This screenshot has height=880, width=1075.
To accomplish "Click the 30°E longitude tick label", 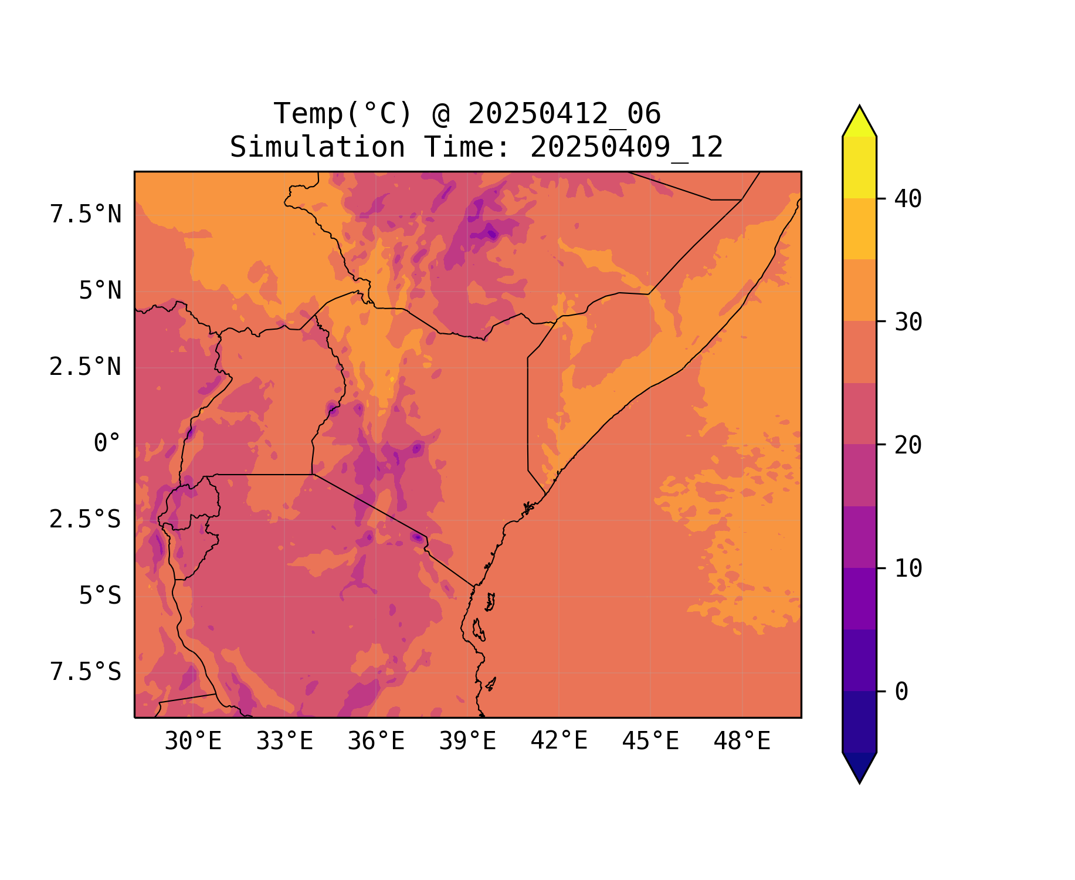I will click(x=193, y=742).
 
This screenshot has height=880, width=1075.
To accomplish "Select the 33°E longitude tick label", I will click(x=284, y=742).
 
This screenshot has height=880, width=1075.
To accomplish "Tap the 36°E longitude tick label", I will click(x=376, y=742).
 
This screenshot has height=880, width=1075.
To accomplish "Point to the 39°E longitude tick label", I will click(x=467, y=742).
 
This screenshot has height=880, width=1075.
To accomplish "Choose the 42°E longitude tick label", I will click(x=559, y=742).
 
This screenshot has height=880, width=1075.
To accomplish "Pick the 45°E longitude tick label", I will click(x=650, y=742).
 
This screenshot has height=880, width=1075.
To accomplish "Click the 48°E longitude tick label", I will click(x=742, y=742).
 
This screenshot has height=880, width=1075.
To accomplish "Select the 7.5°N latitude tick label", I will click(x=86, y=215).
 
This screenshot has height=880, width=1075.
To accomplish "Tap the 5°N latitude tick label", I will click(x=100, y=291).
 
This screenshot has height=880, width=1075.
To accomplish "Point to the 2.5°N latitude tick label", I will click(x=86, y=367).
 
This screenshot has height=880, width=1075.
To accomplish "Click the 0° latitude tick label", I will click(x=107, y=444).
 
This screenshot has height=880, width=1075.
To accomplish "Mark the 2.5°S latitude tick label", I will click(x=86, y=520).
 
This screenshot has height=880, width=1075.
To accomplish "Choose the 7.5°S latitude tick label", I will click(x=86, y=672).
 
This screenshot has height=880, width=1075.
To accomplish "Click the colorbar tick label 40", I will click(x=908, y=199).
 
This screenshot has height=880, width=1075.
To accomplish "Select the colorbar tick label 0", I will click(x=901, y=692).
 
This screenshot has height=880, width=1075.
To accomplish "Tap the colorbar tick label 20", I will click(x=908, y=445).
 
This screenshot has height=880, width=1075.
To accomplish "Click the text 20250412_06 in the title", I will click(x=564, y=114).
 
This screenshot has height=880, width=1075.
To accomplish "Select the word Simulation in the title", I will click(x=317, y=147).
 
